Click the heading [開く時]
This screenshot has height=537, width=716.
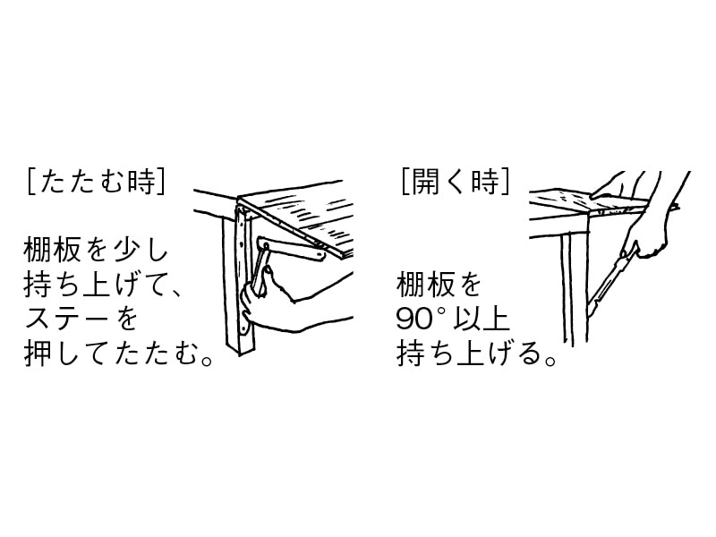coord(456,182)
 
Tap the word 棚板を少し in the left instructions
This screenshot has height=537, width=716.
coord(96,245)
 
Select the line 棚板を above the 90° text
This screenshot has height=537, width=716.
coord(439,284)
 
